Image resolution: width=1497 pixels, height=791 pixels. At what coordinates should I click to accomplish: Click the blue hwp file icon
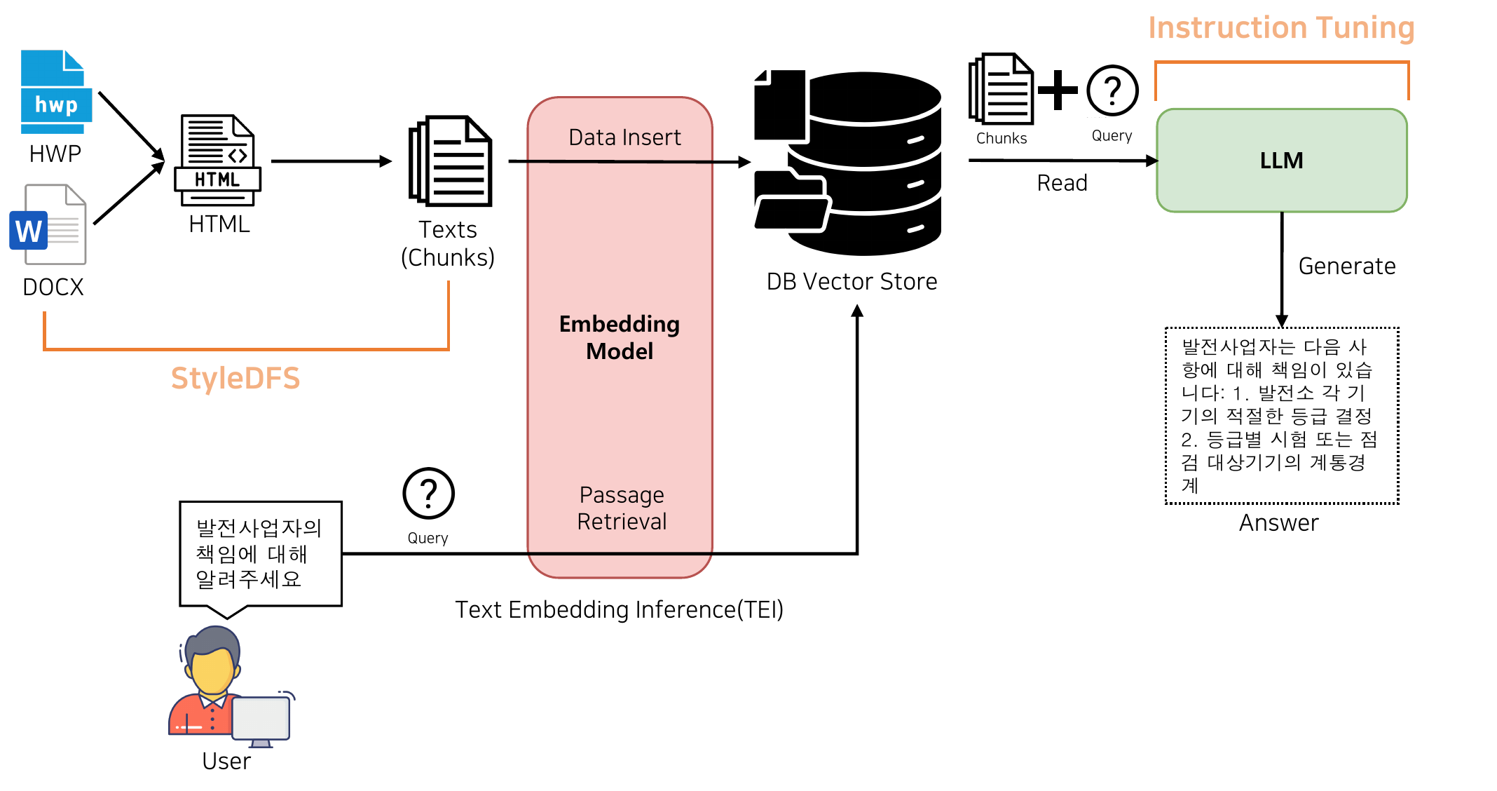pyautogui.click(x=55, y=92)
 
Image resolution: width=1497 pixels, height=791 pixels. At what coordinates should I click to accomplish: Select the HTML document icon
pyautogui.click(x=217, y=161)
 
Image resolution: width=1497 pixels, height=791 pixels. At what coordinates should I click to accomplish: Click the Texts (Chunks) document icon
pyautogui.click(x=451, y=161)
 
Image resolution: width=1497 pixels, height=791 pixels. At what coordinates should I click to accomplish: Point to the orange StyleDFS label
pyautogui.click(x=235, y=379)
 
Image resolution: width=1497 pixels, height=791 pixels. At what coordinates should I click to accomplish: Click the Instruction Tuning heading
pyautogui.click(x=1280, y=29)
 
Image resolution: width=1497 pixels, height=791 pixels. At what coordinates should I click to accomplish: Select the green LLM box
pyautogui.click(x=1281, y=161)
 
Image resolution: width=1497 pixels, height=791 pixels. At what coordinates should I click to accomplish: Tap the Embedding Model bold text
pyautogui.click(x=620, y=337)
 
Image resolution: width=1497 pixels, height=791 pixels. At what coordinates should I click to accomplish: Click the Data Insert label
pyautogui.click(x=624, y=137)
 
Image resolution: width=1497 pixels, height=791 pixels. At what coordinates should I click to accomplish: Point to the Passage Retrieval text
pyautogui.click(x=622, y=508)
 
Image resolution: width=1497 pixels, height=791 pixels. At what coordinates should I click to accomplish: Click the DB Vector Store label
pyautogui.click(x=852, y=282)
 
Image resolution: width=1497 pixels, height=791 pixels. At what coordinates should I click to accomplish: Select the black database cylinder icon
pyautogui.click(x=866, y=163)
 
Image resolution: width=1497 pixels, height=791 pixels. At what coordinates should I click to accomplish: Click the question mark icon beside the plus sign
pyautogui.click(x=1112, y=91)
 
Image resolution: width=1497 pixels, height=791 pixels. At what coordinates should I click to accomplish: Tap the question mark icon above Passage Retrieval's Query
pyautogui.click(x=428, y=494)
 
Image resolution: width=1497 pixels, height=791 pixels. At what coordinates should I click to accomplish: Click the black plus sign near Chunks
pyautogui.click(x=1058, y=90)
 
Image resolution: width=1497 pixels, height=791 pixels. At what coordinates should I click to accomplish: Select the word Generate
pyautogui.click(x=1346, y=266)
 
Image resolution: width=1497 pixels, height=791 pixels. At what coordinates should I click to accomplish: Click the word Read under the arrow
pyautogui.click(x=1062, y=183)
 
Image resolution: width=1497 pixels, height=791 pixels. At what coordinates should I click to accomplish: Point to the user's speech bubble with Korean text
pyautogui.click(x=260, y=553)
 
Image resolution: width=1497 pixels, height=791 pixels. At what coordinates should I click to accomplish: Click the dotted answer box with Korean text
pyautogui.click(x=1281, y=416)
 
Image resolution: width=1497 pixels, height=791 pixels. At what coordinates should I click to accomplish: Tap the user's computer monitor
pyautogui.click(x=261, y=718)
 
